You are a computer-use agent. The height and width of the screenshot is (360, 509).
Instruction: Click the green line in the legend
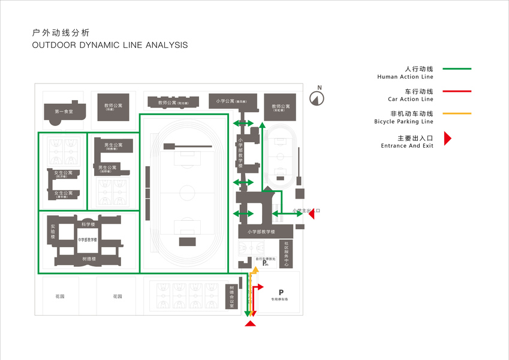pyautogui.click(x=457, y=69)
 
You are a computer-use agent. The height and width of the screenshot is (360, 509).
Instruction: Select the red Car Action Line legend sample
pyautogui.click(x=457, y=91)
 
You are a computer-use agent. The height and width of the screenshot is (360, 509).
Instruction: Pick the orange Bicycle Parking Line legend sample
pyautogui.click(x=457, y=113)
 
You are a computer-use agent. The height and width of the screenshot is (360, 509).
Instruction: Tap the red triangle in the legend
pyautogui.click(x=447, y=139)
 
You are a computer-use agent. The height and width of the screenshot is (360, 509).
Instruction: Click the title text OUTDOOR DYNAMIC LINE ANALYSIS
pyautogui.click(x=110, y=45)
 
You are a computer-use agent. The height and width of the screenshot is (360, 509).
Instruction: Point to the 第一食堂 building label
pyautogui.click(x=64, y=112)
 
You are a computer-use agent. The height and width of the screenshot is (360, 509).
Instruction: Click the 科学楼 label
pyautogui.click(x=89, y=224)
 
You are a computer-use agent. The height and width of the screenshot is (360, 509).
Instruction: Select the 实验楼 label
pyautogui.click(x=53, y=232)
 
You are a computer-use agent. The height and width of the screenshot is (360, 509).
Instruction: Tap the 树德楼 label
pyautogui.click(x=89, y=259)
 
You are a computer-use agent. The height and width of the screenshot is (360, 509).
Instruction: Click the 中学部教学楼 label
pyautogui.click(x=88, y=240)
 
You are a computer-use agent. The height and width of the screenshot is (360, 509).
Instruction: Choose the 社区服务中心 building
pyautogui.click(x=287, y=254)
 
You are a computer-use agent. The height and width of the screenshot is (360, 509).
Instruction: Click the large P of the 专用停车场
pyautogui.click(x=281, y=292)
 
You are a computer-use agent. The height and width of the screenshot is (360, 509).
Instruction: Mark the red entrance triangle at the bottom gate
pyautogui.click(x=251, y=324)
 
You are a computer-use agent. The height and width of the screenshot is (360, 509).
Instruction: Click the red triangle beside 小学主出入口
pyautogui.click(x=312, y=211)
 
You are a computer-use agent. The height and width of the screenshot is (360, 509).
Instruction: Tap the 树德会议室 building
pyautogui.click(x=232, y=296)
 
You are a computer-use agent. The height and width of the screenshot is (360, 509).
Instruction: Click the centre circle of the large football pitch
pyautogui.click(x=186, y=193)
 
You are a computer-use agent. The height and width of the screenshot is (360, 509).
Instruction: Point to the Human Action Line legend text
pyautogui.click(x=405, y=77)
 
